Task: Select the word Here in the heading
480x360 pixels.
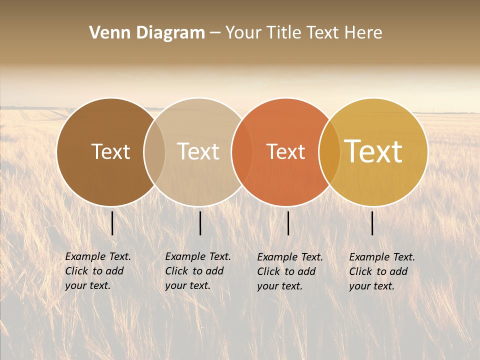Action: click(x=363, y=33)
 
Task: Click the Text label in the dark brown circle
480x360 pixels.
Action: click(x=110, y=151)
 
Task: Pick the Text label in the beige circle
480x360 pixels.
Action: click(x=198, y=151)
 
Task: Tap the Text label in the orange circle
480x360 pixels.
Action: click(x=285, y=151)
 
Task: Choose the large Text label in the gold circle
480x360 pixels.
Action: click(x=373, y=151)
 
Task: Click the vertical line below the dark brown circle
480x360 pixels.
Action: click(x=112, y=223)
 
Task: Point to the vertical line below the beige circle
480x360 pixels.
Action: click(x=200, y=223)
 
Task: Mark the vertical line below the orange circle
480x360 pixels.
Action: click(x=288, y=223)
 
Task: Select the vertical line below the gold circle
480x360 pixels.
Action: click(x=372, y=223)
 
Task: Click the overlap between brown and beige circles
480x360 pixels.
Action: click(x=154, y=152)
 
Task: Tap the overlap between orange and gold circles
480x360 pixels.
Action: click(x=329, y=152)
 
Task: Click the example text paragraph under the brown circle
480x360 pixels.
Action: click(x=98, y=271)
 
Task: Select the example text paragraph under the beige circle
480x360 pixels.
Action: click(x=198, y=271)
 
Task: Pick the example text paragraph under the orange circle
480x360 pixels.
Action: click(x=290, y=271)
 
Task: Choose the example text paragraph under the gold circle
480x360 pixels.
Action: click(x=382, y=271)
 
